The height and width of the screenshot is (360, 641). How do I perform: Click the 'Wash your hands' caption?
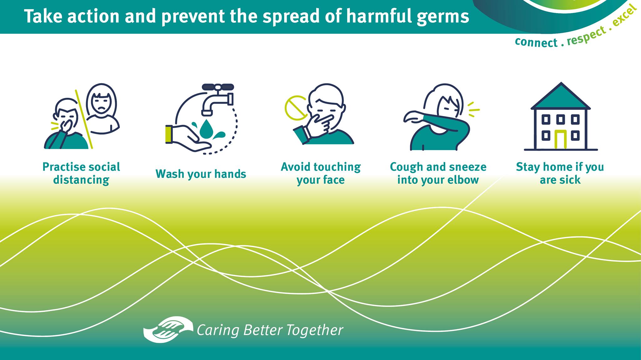point(201,174)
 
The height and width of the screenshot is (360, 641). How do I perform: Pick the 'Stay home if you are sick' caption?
point(560,173)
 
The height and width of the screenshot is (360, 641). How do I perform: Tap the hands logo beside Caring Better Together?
point(168,330)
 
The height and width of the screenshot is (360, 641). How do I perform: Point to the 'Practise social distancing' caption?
point(81,173)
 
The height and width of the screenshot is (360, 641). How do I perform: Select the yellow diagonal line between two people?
point(84,119)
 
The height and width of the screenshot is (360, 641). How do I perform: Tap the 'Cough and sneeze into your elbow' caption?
point(438,173)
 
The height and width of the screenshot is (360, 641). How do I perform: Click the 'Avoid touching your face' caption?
point(321,173)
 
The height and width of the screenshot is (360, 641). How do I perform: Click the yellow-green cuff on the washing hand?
point(169,134)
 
